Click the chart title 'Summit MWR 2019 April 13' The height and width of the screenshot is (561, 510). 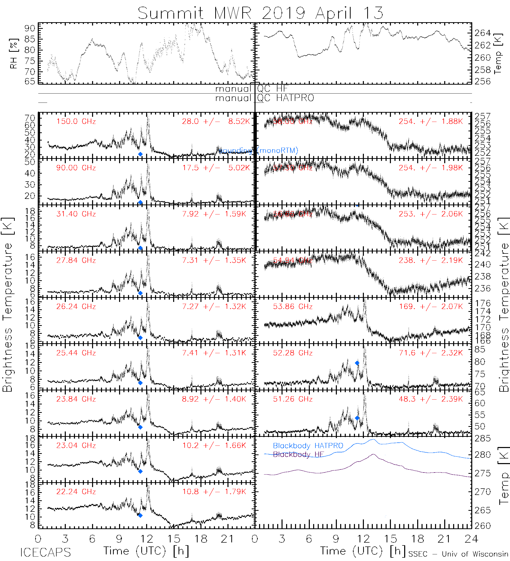click(260, 13)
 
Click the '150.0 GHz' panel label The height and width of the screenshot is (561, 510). click(76, 121)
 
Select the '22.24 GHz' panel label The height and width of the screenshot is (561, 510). click(76, 492)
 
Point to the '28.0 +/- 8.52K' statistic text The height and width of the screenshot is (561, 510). click(216, 121)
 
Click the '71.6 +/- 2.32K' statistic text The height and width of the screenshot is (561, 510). click(431, 353)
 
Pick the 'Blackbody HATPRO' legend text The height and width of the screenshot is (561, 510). click(308, 445)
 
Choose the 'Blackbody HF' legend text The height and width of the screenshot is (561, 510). click(299, 454)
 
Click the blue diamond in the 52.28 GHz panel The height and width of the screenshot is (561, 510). click(357, 363)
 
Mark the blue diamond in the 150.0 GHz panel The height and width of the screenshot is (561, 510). click(141, 154)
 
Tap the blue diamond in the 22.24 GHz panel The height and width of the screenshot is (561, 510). click(141, 515)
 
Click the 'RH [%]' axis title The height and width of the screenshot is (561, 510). click(14, 54)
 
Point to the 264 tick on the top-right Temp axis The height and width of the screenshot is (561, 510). click(483, 33)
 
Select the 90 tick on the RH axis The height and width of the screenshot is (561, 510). click(30, 28)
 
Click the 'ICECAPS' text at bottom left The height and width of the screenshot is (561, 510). click(45, 552)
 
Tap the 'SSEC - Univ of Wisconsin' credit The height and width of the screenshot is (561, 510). click(458, 554)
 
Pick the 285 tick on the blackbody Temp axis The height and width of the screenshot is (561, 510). click(483, 439)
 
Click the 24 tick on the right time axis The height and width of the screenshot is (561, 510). click(471, 539)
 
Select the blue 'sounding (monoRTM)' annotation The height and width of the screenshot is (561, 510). click(258, 150)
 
